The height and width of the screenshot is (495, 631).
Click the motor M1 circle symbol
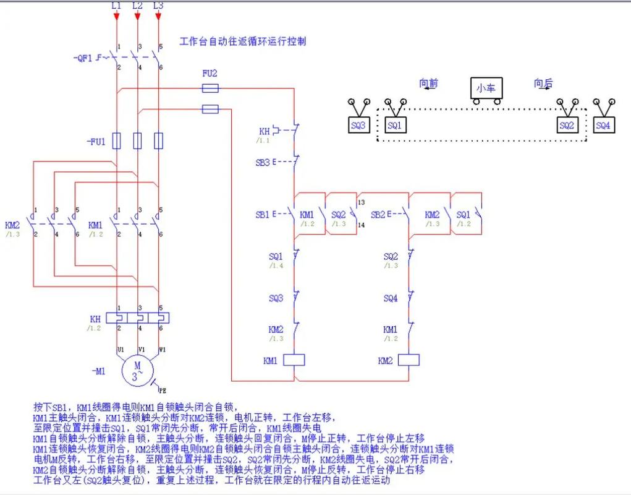pos(137,370)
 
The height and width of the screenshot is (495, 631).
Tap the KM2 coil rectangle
pos(409,359)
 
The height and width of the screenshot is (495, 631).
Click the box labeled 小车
pos(485,88)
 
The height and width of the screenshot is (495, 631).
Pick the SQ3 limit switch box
pos(358,126)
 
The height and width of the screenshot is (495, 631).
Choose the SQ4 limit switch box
pos(603,126)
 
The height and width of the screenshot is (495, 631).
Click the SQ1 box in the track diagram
pos(394,126)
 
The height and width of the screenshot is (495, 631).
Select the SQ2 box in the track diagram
pos(567,126)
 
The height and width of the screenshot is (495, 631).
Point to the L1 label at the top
pos(116,6)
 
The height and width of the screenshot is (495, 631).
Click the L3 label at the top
pos(158,6)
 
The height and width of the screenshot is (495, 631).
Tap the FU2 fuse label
pos(210,73)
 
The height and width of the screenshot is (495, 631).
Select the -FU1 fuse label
pos(95,142)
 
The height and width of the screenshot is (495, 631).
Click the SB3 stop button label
pos(263,163)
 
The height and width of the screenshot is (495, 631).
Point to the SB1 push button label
pos(263,215)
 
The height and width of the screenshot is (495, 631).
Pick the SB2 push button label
pos(378,215)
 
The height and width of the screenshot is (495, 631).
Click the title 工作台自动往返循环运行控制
pos(242,41)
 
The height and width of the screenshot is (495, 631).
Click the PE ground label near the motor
pos(163,390)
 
